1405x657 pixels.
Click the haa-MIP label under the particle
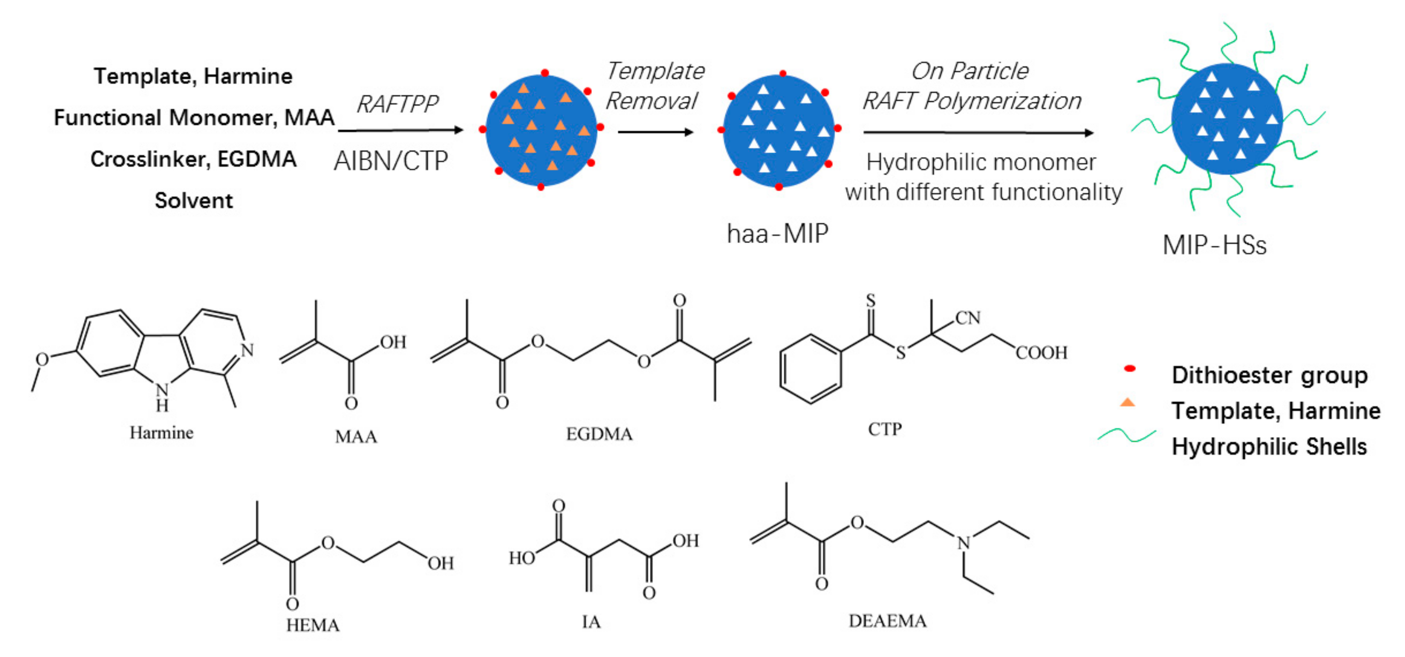[777, 234]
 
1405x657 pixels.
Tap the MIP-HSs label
[1214, 245]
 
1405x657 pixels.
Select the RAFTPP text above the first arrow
[397, 104]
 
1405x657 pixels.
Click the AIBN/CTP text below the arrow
[391, 161]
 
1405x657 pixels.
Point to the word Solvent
[194, 201]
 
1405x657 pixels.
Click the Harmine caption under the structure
[161, 432]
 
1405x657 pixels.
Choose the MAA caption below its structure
[356, 436]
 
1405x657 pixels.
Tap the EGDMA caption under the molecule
[599, 434]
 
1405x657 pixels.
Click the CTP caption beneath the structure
[885, 429]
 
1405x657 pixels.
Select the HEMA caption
[312, 625]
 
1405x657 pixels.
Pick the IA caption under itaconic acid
[591, 621]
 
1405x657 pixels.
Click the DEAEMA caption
[887, 621]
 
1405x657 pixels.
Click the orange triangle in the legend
[1127, 403]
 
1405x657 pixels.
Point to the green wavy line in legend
[1126, 436]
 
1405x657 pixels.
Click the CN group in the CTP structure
[968, 318]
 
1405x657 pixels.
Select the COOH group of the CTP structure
[1041, 353]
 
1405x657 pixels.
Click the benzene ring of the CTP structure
[811, 369]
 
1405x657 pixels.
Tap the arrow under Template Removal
[655, 132]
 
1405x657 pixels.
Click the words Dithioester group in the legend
[1269, 375]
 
